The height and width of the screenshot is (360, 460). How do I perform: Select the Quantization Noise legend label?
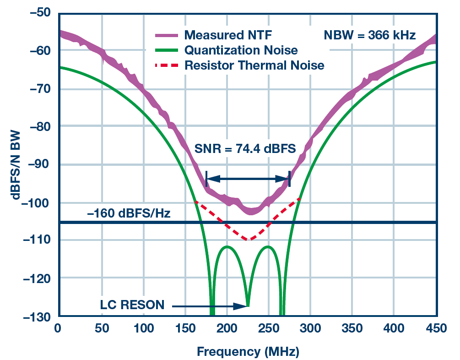point(241,50)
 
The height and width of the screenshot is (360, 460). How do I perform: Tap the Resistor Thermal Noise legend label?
point(254,65)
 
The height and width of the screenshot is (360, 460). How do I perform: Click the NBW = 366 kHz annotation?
point(370,35)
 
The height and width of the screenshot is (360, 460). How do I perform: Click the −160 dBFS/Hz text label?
point(129,213)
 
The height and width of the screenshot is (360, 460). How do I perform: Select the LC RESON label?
point(132,305)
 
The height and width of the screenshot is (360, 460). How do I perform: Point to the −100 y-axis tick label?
point(38,202)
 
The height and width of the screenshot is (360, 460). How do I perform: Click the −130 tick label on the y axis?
point(38,316)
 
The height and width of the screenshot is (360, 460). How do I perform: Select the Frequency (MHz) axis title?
point(248,351)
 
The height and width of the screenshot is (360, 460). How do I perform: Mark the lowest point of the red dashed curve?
point(248,240)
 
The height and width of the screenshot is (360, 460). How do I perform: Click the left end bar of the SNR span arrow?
point(206,179)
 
